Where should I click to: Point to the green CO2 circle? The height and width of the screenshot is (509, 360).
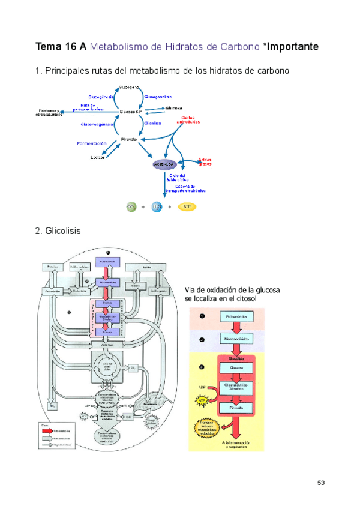click(131, 207)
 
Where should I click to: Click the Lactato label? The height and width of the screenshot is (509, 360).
click(98, 158)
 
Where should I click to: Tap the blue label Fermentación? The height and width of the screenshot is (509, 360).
click(91, 143)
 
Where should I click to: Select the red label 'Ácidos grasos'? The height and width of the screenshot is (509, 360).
click(205, 161)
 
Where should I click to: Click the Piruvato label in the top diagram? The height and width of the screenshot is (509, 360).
click(128, 139)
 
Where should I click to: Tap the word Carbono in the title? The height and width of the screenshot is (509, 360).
click(240, 46)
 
